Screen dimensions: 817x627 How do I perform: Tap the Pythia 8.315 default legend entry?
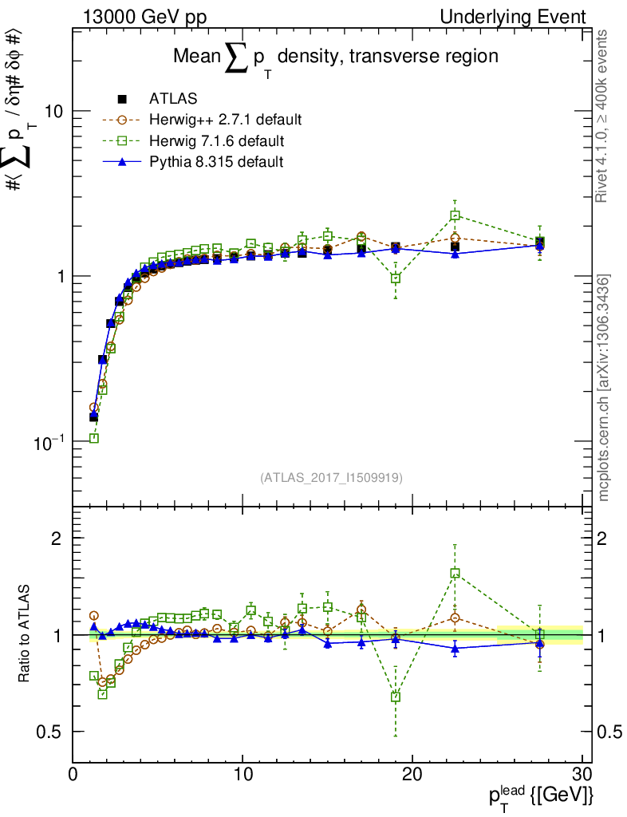click(216, 162)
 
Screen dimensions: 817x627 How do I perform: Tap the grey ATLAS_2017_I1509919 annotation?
click(331, 478)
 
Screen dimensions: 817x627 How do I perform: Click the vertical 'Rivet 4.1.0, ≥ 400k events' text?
click(603, 116)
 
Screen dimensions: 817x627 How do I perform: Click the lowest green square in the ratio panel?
click(396, 697)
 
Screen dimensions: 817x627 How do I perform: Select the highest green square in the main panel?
click(455, 215)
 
